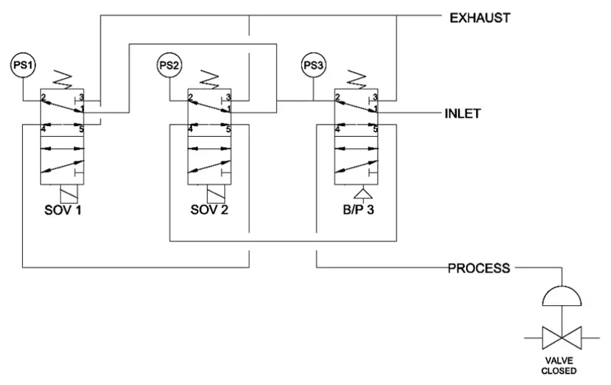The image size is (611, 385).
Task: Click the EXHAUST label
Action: point(479,18)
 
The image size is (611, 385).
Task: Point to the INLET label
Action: point(463,113)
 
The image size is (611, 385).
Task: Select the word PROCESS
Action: point(478,269)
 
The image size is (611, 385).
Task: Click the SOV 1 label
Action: point(62,210)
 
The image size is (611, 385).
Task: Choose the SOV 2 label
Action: point(208,210)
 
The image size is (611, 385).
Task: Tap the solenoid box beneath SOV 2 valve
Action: point(214,194)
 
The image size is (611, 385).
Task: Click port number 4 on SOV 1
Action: point(44,129)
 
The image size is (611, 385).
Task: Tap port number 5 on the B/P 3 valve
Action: point(375,129)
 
